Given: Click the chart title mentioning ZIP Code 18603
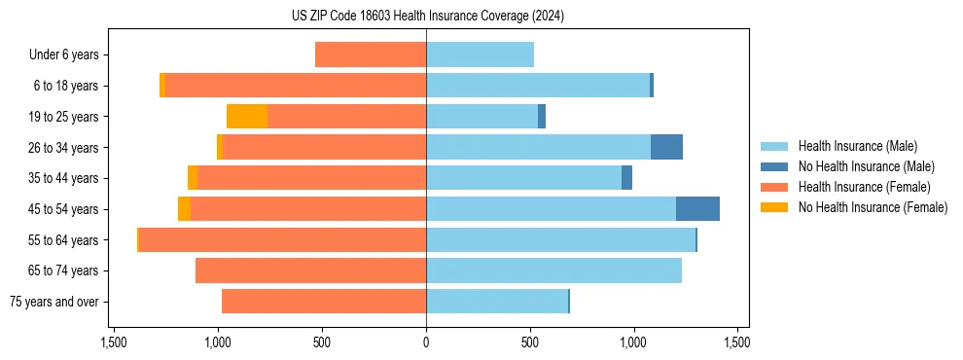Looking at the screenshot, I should pyautogui.click(x=427, y=17).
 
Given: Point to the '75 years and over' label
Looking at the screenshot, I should pyautogui.click(x=54, y=302).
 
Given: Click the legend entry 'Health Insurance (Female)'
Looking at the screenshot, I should pyautogui.click(x=864, y=187).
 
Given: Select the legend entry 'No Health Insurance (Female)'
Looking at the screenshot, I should pyautogui.click(x=873, y=207).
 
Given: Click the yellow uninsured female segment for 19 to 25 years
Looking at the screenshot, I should pyautogui.click(x=247, y=117).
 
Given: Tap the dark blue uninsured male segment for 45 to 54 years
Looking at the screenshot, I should pyautogui.click(x=697, y=209).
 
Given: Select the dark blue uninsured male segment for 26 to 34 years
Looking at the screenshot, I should pyautogui.click(x=666, y=147).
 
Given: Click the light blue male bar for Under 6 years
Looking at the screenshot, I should pyautogui.click(x=480, y=55).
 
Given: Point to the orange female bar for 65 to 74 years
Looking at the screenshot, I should pyautogui.click(x=310, y=270).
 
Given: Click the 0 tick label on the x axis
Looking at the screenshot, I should pyautogui.click(x=426, y=342).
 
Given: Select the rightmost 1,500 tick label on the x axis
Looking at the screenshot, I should pyautogui.click(x=736, y=342).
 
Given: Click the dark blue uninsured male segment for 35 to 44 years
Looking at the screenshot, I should pyautogui.click(x=626, y=178).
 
